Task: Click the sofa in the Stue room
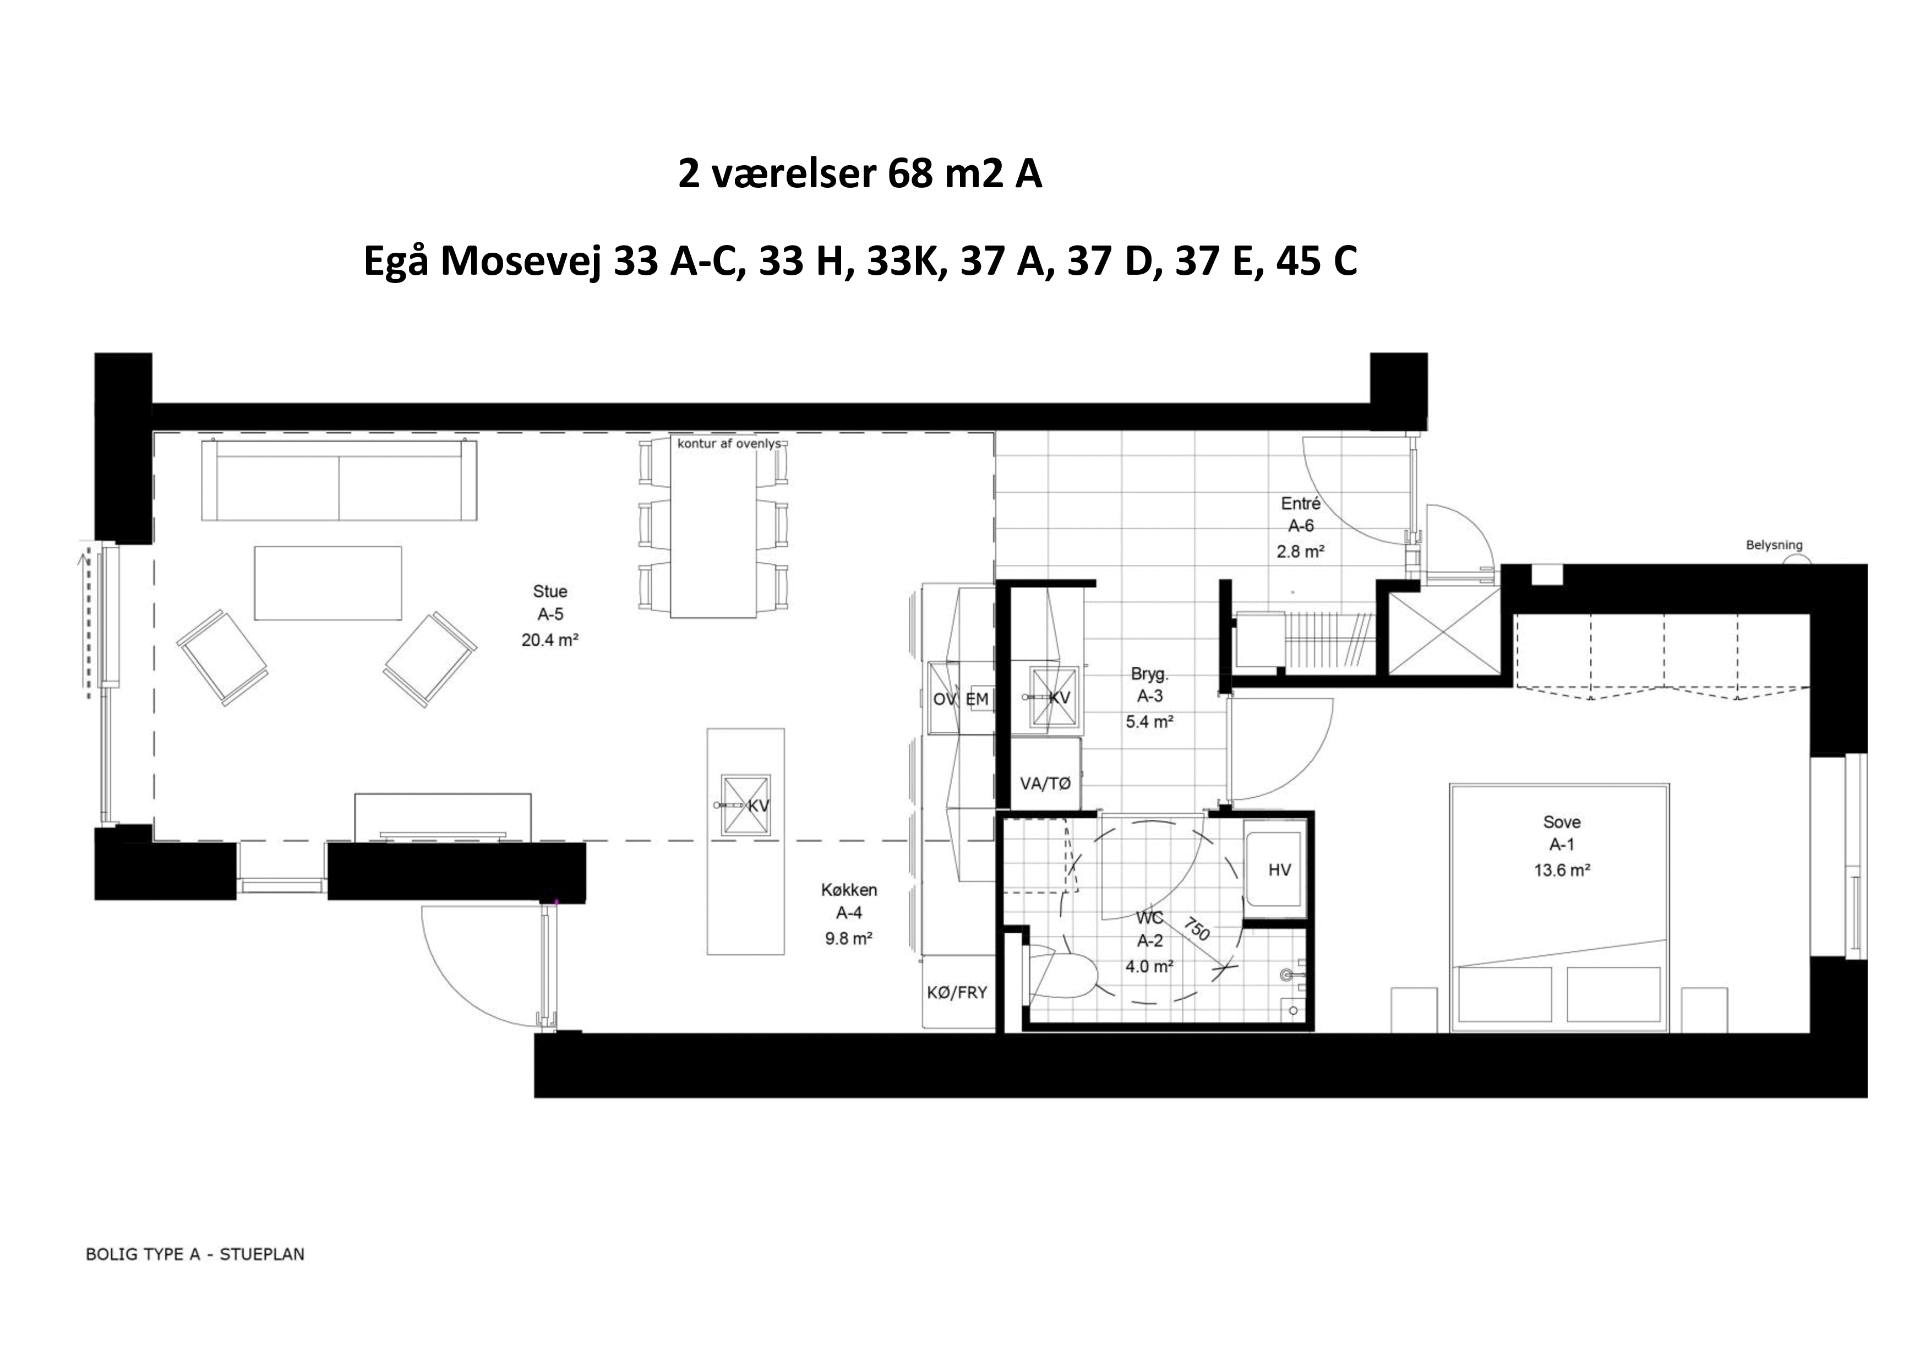point(339,480)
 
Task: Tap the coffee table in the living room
point(328,583)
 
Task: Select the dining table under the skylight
point(713,526)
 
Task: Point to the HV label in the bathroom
point(1279,870)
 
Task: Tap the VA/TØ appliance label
point(1045,784)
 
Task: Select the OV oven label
point(945,699)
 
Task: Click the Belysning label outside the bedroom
point(1774,545)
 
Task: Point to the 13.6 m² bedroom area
point(1562,870)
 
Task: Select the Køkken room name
point(849,890)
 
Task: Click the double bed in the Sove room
point(1559,907)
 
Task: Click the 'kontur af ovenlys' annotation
point(730,443)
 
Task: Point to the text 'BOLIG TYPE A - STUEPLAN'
point(195,1254)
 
